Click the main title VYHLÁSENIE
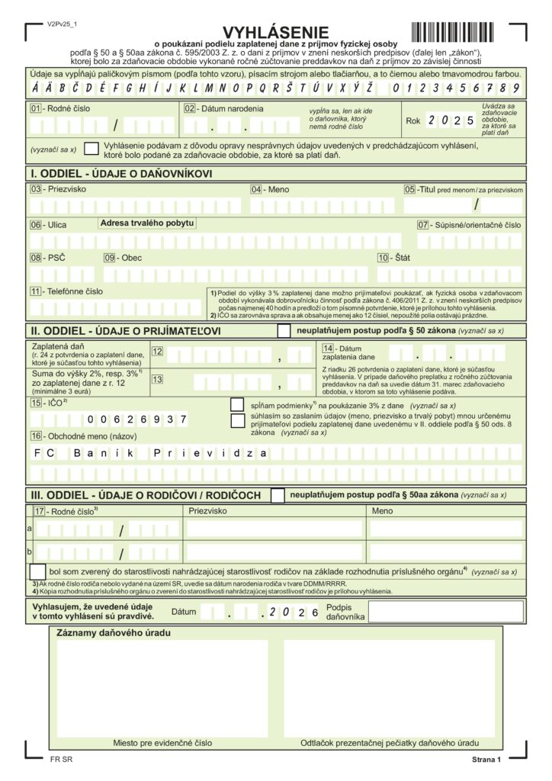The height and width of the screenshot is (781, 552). click(276, 33)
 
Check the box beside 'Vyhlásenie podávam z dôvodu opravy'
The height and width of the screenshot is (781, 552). click(91, 149)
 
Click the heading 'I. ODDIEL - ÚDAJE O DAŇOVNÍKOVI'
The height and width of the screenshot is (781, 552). click(121, 174)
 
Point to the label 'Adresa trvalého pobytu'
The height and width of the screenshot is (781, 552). click(146, 223)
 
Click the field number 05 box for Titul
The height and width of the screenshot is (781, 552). click(410, 189)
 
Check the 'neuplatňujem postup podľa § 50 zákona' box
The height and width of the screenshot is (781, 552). click(284, 330)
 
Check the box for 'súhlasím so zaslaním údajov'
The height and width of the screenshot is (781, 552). click(237, 420)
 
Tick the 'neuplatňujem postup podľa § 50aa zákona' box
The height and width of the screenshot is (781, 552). click(278, 495)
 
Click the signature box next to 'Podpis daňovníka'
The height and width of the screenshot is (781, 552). click(446, 612)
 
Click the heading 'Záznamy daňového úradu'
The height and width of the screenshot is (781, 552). click(114, 633)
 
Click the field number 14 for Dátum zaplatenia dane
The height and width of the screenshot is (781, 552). click(329, 349)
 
